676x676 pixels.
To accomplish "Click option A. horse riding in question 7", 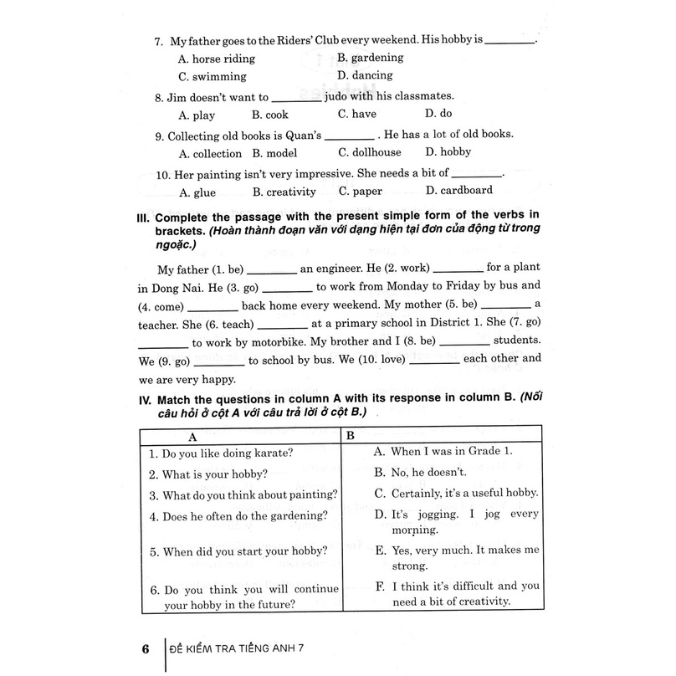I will [217, 59].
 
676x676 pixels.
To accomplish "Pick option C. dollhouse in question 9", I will [369, 152].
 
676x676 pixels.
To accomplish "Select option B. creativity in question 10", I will [284, 192].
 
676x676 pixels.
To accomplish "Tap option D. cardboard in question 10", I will [458, 191].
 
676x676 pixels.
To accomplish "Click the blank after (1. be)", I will [272, 270].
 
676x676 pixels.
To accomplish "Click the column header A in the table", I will [192, 436].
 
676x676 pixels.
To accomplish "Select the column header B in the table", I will [351, 436].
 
